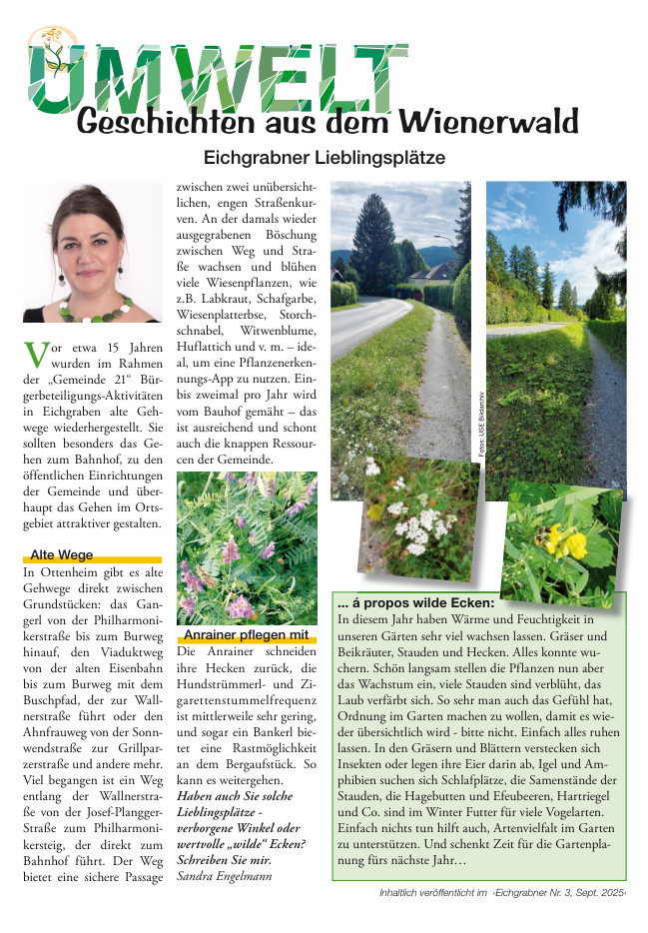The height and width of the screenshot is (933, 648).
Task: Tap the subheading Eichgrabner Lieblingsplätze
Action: tap(324, 158)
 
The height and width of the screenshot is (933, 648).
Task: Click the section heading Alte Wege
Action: tap(62, 554)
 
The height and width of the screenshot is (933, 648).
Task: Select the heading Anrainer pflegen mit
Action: tap(246, 634)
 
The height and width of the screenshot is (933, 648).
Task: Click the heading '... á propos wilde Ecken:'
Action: tap(415, 603)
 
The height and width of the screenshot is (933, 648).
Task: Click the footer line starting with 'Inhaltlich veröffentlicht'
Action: tap(503, 892)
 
